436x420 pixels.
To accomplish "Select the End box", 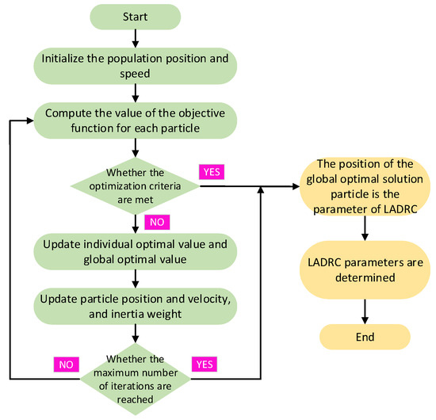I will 364,336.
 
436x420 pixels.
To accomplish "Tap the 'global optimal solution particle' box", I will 364,190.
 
